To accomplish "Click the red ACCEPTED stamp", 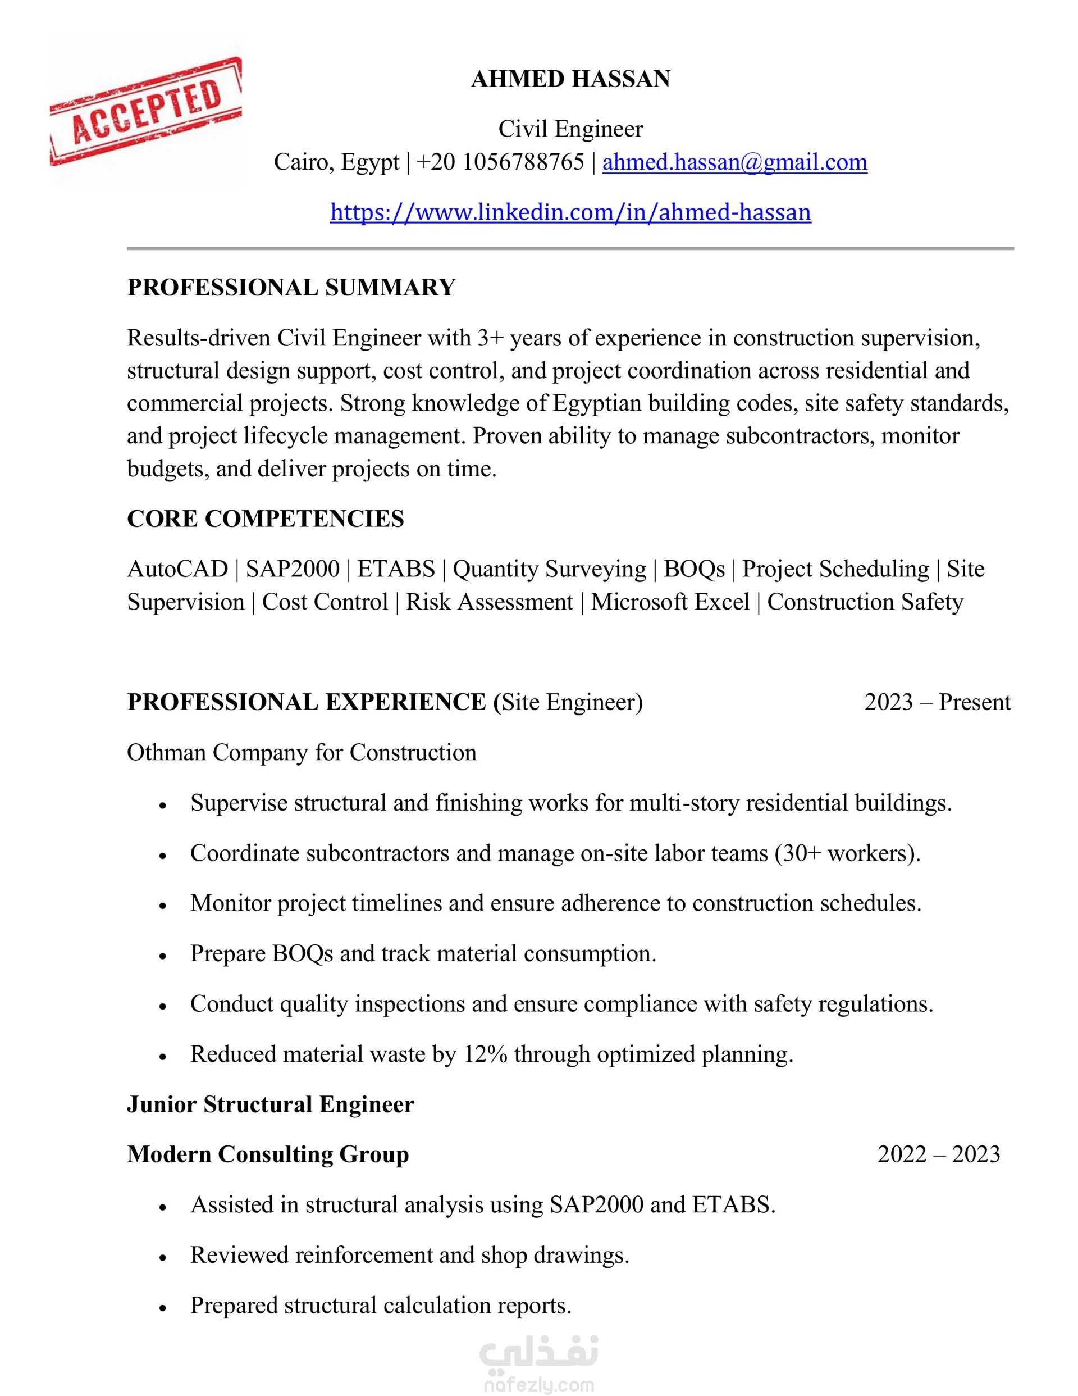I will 145,111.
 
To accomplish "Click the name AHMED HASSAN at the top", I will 570,79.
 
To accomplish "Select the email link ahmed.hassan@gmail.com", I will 734,162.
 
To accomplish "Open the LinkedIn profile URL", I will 570,212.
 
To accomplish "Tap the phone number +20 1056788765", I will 500,162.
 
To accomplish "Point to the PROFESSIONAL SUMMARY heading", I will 291,288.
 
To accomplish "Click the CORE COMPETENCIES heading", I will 265,519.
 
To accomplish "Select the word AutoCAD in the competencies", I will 177,569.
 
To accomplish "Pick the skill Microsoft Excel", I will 670,602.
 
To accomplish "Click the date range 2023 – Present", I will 937,702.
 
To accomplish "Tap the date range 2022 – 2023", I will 938,1154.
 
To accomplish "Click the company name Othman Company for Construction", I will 302,752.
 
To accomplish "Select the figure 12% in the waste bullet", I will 485,1054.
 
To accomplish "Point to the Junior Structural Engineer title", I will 270,1104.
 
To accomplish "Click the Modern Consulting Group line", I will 268,1154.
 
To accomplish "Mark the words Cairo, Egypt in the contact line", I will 336,162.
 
